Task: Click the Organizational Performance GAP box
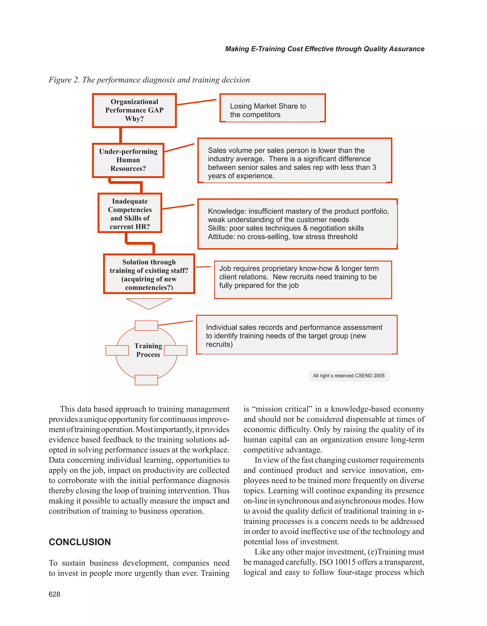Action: pos(134,110)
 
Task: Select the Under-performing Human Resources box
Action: pos(128,160)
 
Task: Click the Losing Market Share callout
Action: pos(272,108)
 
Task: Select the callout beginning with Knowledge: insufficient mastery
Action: pos(297,224)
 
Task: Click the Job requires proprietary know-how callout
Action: pos(303,279)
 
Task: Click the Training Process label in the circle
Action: pos(148,350)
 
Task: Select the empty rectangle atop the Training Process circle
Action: pos(146,326)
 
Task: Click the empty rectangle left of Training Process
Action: pos(117,350)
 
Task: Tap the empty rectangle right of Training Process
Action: pos(175,350)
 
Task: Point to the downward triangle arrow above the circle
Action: pos(149,303)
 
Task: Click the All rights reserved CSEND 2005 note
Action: pos(349,376)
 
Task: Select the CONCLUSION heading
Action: pos(80,542)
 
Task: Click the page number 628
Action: pos(54,594)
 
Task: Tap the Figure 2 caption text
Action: pos(149,80)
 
